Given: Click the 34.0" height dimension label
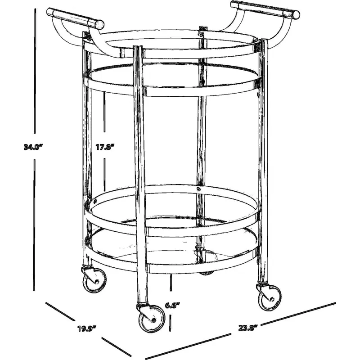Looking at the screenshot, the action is click(33, 147).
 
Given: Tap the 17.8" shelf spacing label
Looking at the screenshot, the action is click(105, 147).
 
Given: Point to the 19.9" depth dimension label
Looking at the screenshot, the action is click(86, 329).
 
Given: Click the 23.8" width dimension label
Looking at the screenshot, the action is click(248, 328).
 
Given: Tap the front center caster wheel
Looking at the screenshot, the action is click(152, 319).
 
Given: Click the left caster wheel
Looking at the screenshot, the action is click(94, 280).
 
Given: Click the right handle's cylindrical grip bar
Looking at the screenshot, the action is click(265, 9).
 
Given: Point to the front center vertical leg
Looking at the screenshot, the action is click(139, 175).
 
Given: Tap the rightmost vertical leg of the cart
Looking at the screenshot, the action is click(263, 161).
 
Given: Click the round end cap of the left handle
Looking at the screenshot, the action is click(99, 24).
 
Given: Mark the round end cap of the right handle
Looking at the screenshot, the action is click(296, 15).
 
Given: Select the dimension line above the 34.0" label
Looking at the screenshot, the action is click(35, 71).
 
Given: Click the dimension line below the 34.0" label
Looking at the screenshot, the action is click(34, 225).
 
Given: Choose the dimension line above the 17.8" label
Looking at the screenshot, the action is click(105, 112).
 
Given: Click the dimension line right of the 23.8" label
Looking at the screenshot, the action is click(298, 314).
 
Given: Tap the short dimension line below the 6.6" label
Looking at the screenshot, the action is click(170, 323).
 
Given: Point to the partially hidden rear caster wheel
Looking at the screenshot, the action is click(206, 273).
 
